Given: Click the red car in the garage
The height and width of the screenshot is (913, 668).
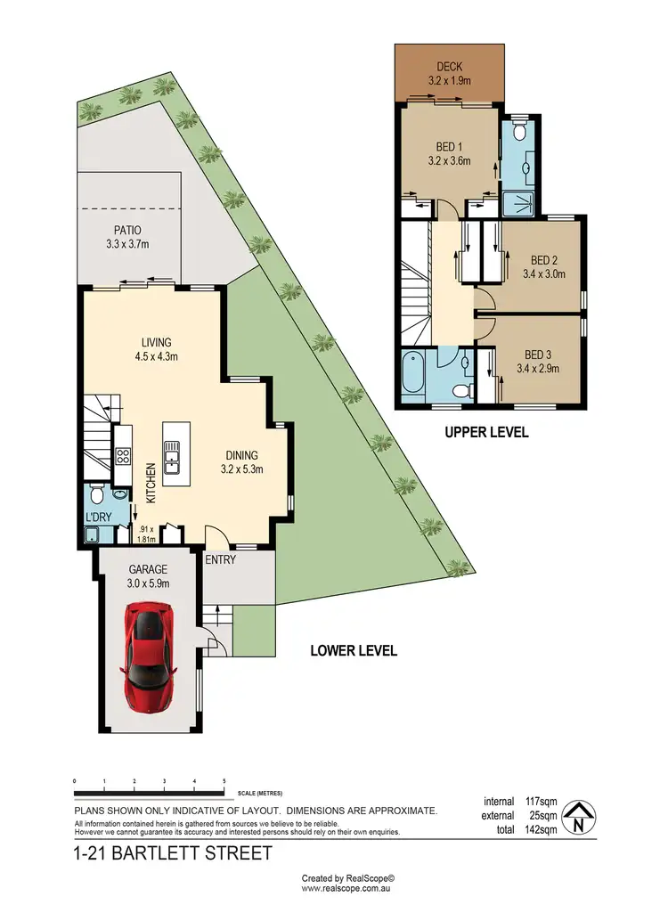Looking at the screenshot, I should coord(151,657).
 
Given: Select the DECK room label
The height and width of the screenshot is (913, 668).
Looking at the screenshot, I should coord(448,67).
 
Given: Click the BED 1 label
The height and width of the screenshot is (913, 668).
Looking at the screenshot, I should coord(449,147).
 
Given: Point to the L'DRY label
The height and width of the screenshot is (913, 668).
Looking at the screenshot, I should coord(98,518).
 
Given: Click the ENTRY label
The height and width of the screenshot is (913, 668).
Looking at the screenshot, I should coord(219,559).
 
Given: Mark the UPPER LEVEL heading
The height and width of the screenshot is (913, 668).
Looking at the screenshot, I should coord(486,432).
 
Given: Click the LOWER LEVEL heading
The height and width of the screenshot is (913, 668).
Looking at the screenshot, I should coord(354,650).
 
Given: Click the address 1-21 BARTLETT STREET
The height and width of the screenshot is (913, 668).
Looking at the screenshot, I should coord(172,854).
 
